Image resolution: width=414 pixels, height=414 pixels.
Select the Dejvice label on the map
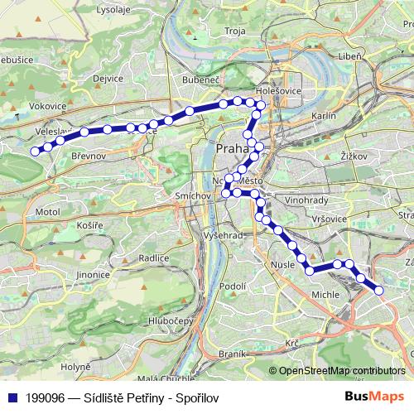108,79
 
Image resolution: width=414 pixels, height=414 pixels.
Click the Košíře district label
89,224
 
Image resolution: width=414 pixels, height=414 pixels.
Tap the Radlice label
154,258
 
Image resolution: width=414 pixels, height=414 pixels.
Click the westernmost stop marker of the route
36,151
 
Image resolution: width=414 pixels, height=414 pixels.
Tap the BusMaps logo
375,397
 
